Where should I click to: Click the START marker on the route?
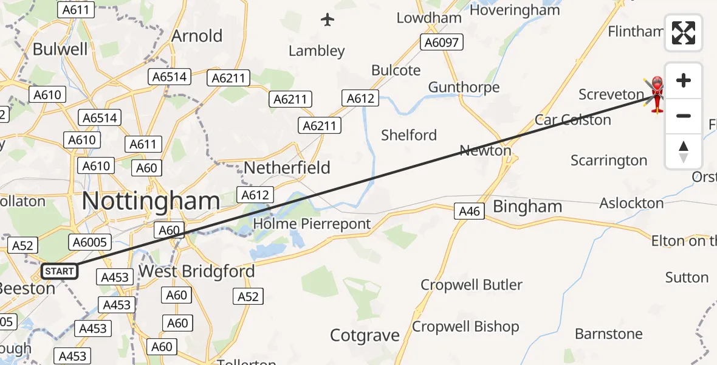click(60, 271)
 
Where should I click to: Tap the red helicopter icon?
click(657, 95)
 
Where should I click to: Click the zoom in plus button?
click(684, 80)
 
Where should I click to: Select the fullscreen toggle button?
click(684, 33)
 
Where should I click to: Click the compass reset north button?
click(684, 151)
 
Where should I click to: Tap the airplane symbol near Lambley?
click(328, 19)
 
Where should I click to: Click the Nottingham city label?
click(151, 200)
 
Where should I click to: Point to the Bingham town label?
click(527, 206)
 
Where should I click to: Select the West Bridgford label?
click(197, 271)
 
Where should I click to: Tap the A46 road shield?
click(469, 211)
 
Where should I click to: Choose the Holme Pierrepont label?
click(312, 224)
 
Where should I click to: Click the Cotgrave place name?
click(365, 335)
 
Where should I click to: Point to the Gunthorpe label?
click(464, 87)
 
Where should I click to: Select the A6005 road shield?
click(90, 242)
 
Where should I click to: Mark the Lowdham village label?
click(429, 18)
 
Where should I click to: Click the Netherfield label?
click(287, 167)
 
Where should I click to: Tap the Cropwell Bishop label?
click(465, 327)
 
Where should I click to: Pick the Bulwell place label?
click(60, 49)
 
